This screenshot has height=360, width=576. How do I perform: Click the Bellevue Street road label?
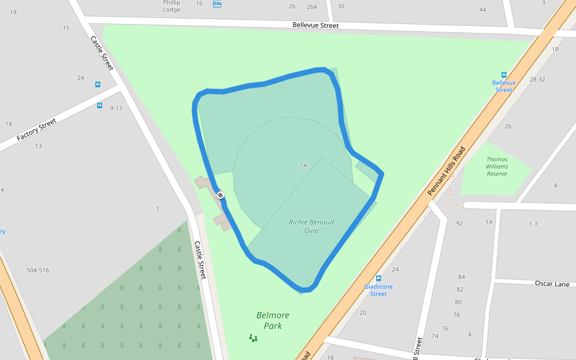(316, 26)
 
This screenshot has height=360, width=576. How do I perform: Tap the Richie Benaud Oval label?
(311, 226)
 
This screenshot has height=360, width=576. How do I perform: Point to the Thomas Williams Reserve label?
(497, 167)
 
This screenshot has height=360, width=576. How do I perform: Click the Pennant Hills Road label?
(446, 171)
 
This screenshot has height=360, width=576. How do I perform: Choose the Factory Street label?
(37, 130)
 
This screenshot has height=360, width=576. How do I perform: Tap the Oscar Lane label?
(552, 284)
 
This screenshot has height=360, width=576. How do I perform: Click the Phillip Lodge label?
(172, 6)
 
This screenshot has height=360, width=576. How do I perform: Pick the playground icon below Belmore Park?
(253, 338)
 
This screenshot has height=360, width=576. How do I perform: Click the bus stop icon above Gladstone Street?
(379, 278)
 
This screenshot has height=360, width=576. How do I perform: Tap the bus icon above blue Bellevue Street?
(504, 75)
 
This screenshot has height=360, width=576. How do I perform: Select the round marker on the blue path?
(221, 195)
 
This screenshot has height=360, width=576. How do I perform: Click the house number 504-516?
(38, 270)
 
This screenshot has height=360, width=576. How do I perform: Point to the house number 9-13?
(116, 108)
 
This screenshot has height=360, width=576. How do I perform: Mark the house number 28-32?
(538, 80)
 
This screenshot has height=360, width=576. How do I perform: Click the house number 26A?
(311, 7)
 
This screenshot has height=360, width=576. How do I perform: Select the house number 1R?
(555, 49)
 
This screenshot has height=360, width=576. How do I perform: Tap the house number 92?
(460, 224)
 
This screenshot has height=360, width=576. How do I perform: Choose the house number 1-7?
(533, 224)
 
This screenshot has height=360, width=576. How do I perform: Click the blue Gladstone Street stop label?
(379, 290)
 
